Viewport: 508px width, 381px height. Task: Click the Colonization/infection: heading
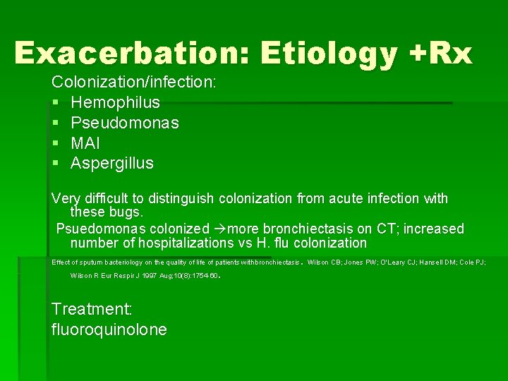coord(134,82)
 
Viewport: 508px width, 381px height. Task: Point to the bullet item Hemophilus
coord(116,102)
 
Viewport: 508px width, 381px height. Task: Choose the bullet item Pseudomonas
coord(125,123)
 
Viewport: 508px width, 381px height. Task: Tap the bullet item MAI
coord(86,143)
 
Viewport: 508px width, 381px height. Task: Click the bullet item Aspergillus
coord(112,164)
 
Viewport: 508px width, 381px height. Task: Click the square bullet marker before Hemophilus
coord(56,103)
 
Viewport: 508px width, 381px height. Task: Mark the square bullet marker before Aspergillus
coord(56,164)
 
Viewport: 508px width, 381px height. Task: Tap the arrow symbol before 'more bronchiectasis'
coord(220,229)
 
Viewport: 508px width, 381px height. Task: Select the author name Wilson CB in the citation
coord(324,262)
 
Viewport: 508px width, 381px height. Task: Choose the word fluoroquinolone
coord(109,329)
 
